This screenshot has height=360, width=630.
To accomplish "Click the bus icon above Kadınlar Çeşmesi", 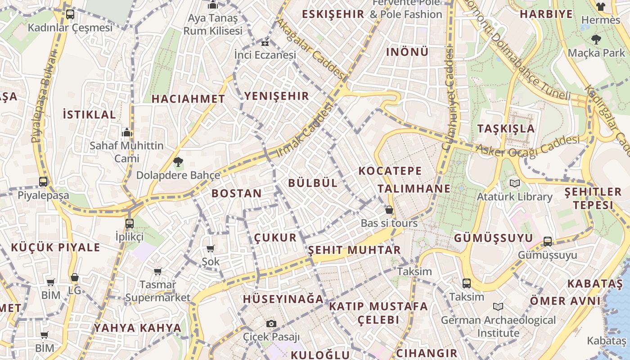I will [x=70, y=14].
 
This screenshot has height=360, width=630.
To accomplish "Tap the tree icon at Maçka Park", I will [x=596, y=40].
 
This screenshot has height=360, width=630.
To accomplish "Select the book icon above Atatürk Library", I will [x=514, y=184].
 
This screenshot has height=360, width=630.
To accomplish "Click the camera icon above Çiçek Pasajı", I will [x=271, y=324].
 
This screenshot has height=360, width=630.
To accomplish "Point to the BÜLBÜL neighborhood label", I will [x=313, y=183].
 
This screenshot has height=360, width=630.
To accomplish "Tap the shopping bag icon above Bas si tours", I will [x=389, y=210].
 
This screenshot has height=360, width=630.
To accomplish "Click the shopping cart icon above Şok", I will [x=210, y=248].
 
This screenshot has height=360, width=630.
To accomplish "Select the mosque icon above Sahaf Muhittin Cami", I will [x=127, y=132].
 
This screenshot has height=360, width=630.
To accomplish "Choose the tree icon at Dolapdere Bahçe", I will [x=178, y=162].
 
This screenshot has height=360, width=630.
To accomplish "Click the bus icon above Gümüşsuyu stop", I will [x=547, y=242].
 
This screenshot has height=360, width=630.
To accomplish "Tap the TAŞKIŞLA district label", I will [x=506, y=129].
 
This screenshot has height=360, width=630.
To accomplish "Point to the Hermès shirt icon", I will [x=600, y=7].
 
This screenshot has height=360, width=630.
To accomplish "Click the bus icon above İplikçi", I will [x=129, y=223].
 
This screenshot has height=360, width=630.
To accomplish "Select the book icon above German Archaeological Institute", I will [x=498, y=307].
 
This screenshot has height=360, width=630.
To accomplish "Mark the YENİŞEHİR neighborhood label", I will [x=277, y=96].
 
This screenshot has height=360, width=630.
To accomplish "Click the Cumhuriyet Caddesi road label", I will [x=449, y=99].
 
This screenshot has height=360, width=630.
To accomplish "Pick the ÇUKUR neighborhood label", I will [x=275, y=238].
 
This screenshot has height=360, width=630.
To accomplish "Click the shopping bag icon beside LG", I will [x=75, y=277].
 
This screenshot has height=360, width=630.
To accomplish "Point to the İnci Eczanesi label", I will [x=265, y=55].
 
